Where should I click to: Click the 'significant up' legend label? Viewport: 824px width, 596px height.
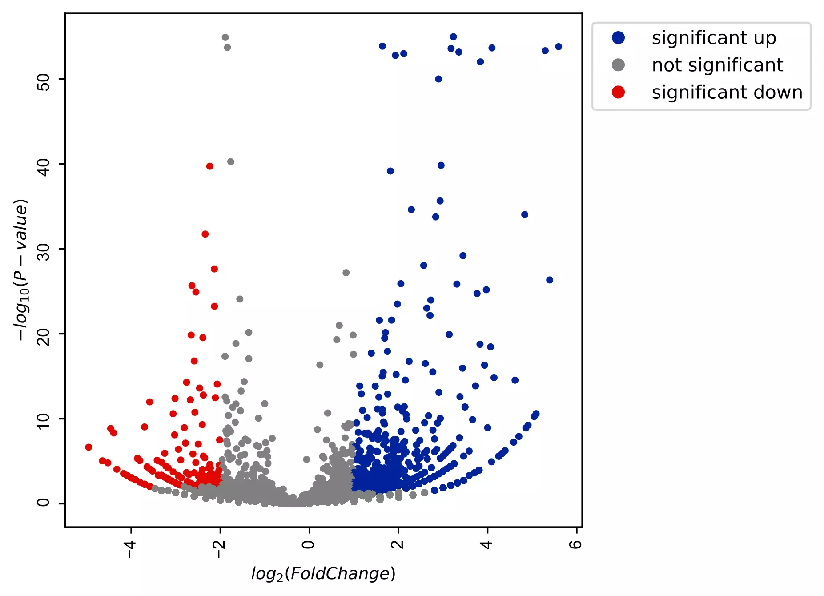(x=714, y=38)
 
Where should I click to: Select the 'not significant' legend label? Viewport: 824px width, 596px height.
(x=717, y=65)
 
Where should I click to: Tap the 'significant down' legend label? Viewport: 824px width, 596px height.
(x=727, y=93)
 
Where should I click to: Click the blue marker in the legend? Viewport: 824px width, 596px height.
(x=618, y=38)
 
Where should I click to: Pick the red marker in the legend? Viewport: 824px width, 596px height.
(x=618, y=93)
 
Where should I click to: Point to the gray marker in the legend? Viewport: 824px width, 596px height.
(x=618, y=65)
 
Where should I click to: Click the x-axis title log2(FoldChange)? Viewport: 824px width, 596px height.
(x=323, y=574)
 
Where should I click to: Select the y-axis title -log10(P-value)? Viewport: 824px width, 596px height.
(x=21, y=270)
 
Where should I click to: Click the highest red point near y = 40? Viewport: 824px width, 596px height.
(x=209, y=166)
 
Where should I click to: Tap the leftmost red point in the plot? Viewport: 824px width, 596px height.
(x=88, y=447)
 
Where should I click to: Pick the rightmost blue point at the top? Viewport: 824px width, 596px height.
(x=559, y=47)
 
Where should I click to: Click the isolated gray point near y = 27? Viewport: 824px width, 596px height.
(x=346, y=273)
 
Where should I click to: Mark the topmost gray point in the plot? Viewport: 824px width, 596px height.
(x=225, y=37)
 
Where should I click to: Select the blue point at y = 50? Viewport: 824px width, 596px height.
(x=438, y=79)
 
